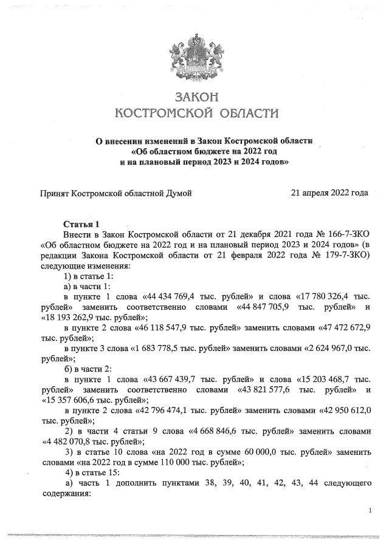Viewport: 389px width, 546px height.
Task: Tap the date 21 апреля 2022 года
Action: point(329,193)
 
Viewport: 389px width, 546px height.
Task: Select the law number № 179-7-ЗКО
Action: point(337,254)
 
